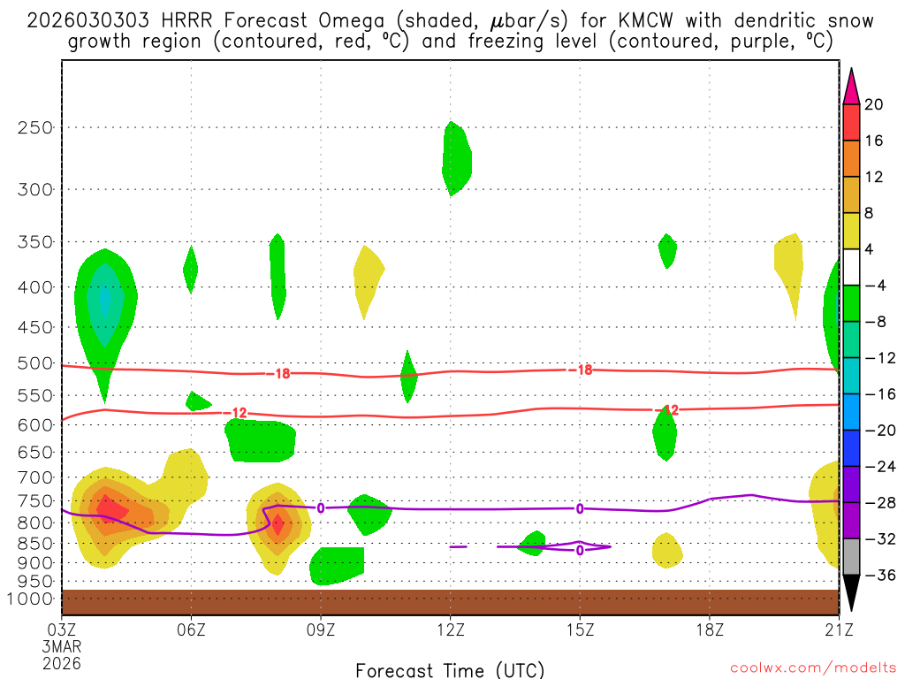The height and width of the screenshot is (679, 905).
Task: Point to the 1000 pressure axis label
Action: click(32, 599)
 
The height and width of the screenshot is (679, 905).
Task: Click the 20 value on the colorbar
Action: click(874, 104)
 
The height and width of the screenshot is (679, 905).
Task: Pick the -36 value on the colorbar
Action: click(878, 575)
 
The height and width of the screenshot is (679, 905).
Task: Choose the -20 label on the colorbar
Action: click(878, 431)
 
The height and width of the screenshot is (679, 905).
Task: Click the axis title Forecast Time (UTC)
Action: click(450, 669)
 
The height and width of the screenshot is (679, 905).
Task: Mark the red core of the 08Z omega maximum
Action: click(277, 523)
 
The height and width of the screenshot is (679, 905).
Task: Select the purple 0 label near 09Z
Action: click(320, 507)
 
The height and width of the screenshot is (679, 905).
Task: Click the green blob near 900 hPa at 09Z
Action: click(336, 565)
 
